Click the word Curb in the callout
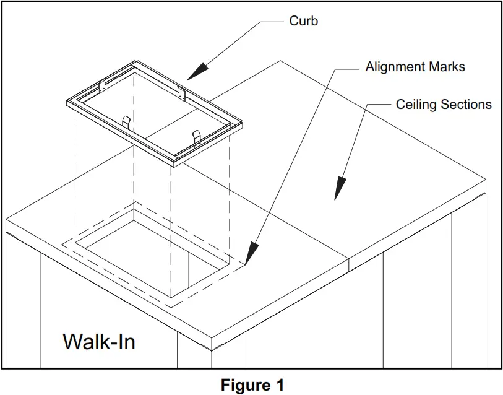pos(304,21)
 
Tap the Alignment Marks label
pos(415,67)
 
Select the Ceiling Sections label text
pos(444,105)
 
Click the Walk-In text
pos(99,341)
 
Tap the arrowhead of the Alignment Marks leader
pos(251,254)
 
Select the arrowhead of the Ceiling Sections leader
pos(338,188)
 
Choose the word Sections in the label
pos(467,105)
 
